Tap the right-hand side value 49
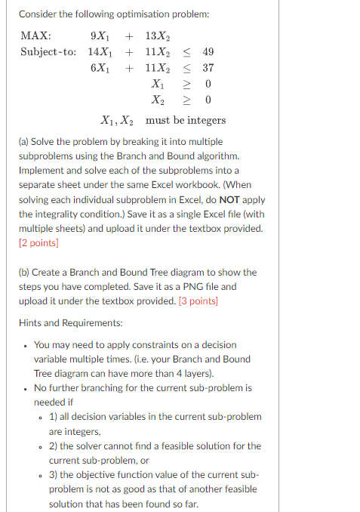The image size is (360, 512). [208, 52]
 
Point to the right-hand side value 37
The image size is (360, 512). [208, 68]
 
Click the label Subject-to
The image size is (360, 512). [48, 52]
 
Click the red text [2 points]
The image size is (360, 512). [38, 242]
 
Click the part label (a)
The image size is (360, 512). [25, 142]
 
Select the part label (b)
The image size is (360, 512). [26, 272]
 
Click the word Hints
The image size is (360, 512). [32, 322]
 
